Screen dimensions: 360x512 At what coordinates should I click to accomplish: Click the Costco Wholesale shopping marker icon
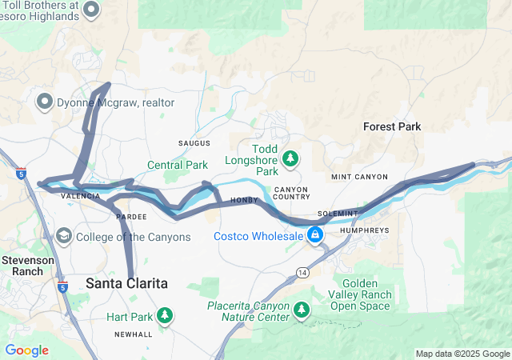click(x=315, y=235)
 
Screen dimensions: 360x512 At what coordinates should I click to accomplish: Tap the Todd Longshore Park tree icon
click(x=290, y=158)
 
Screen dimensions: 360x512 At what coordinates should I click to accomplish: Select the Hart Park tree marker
click(x=165, y=316)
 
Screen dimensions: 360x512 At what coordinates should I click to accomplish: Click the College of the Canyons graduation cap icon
click(x=64, y=237)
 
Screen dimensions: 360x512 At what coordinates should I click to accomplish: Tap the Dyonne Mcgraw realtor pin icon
click(x=45, y=102)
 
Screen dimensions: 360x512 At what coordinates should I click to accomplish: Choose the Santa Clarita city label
click(x=127, y=283)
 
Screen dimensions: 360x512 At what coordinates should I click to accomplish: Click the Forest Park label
click(x=391, y=126)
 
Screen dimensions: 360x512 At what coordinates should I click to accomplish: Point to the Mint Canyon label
click(x=359, y=177)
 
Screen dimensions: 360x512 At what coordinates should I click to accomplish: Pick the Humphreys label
click(x=364, y=230)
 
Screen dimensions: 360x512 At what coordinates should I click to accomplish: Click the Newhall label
click(x=133, y=334)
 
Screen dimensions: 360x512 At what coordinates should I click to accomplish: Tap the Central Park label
click(x=178, y=166)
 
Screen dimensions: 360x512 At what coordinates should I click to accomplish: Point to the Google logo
click(x=26, y=350)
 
